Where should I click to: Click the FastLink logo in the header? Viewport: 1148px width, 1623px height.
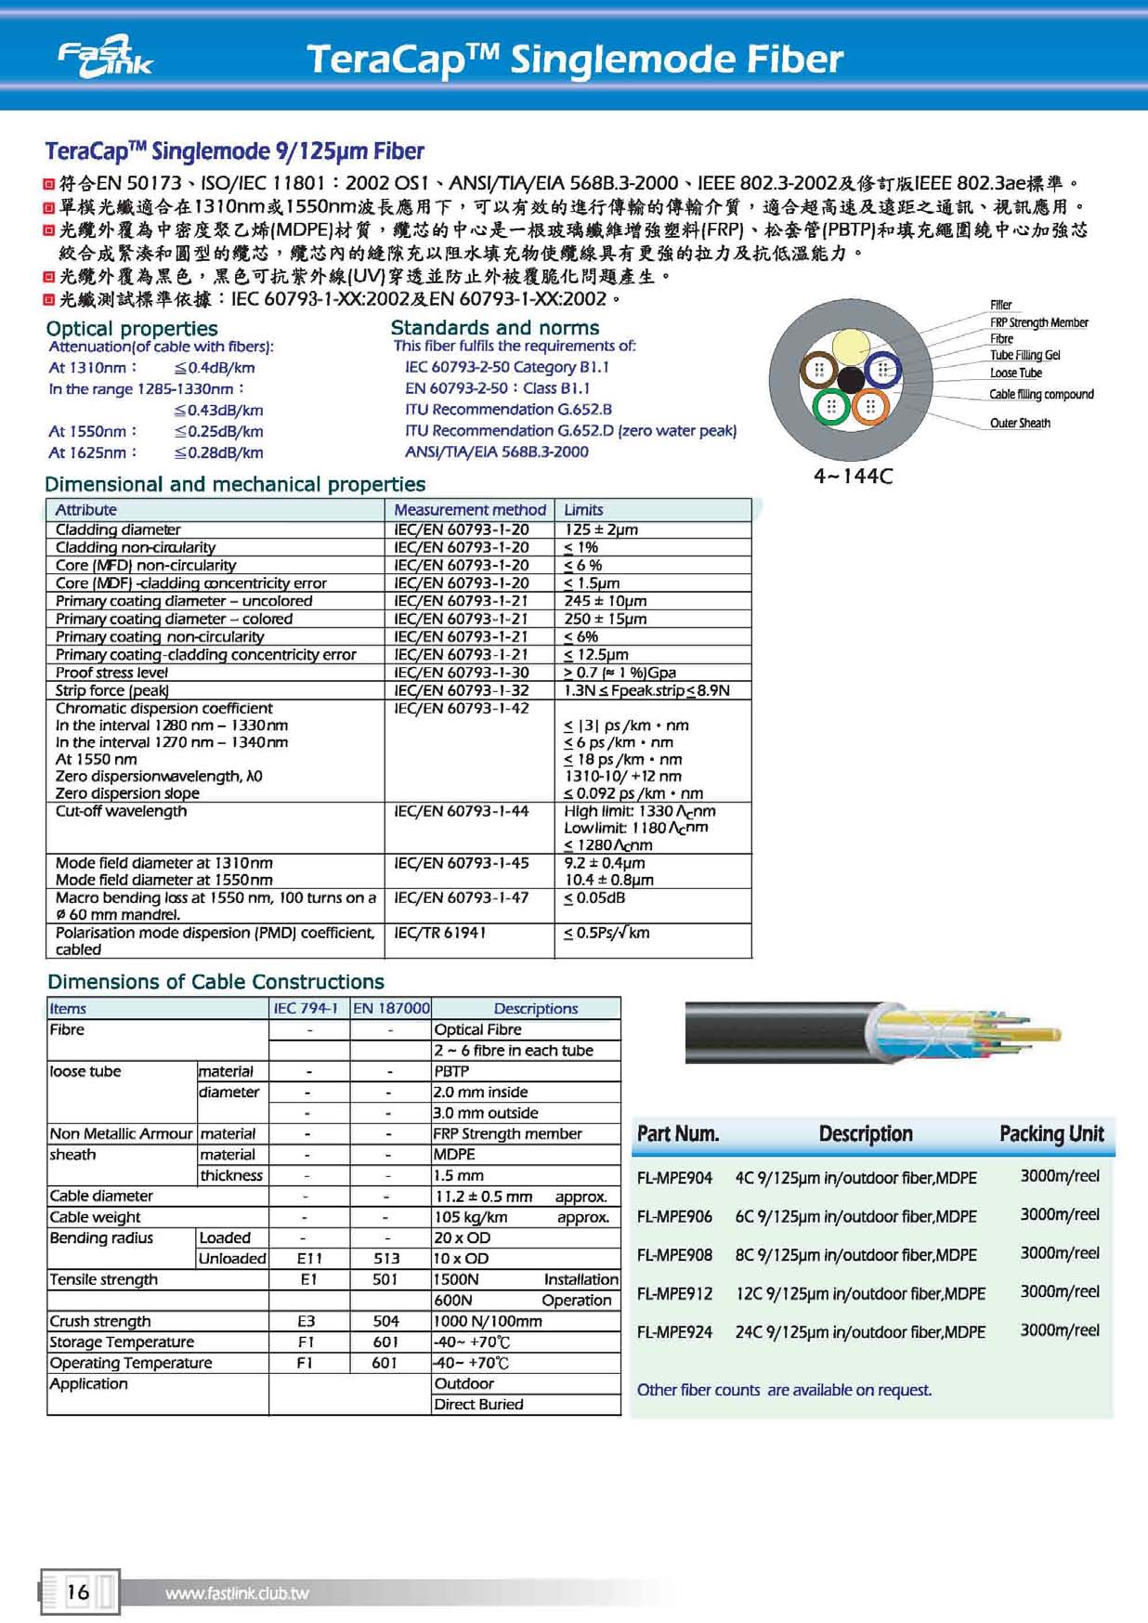(x=105, y=59)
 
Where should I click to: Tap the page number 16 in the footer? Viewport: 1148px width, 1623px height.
(x=78, y=1591)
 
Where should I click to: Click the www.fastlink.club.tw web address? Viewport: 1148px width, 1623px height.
(x=237, y=1593)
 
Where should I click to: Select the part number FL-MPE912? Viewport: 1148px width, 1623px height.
(x=675, y=1293)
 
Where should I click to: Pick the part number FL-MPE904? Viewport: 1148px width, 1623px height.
(x=675, y=1178)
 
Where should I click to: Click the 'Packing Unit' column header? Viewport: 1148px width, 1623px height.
(x=1051, y=1133)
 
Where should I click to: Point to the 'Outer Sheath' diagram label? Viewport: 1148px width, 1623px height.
(x=1020, y=424)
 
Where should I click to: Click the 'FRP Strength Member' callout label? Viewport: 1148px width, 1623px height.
(x=1038, y=322)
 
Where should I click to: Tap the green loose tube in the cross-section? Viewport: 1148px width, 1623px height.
(x=831, y=406)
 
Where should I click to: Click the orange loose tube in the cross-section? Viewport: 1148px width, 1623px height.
(x=870, y=406)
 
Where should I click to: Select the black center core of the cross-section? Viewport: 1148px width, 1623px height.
(x=851, y=380)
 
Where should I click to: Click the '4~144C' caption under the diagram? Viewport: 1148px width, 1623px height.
(x=853, y=477)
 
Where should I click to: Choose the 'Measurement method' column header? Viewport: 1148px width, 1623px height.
(x=470, y=510)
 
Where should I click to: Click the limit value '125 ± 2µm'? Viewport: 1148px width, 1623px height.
(x=601, y=530)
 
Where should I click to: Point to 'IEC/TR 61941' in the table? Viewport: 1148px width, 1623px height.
(x=440, y=933)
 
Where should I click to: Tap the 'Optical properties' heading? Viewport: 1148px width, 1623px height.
(x=132, y=329)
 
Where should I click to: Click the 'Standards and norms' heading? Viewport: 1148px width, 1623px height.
(x=495, y=328)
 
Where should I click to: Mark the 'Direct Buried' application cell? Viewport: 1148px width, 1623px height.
(x=478, y=1405)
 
